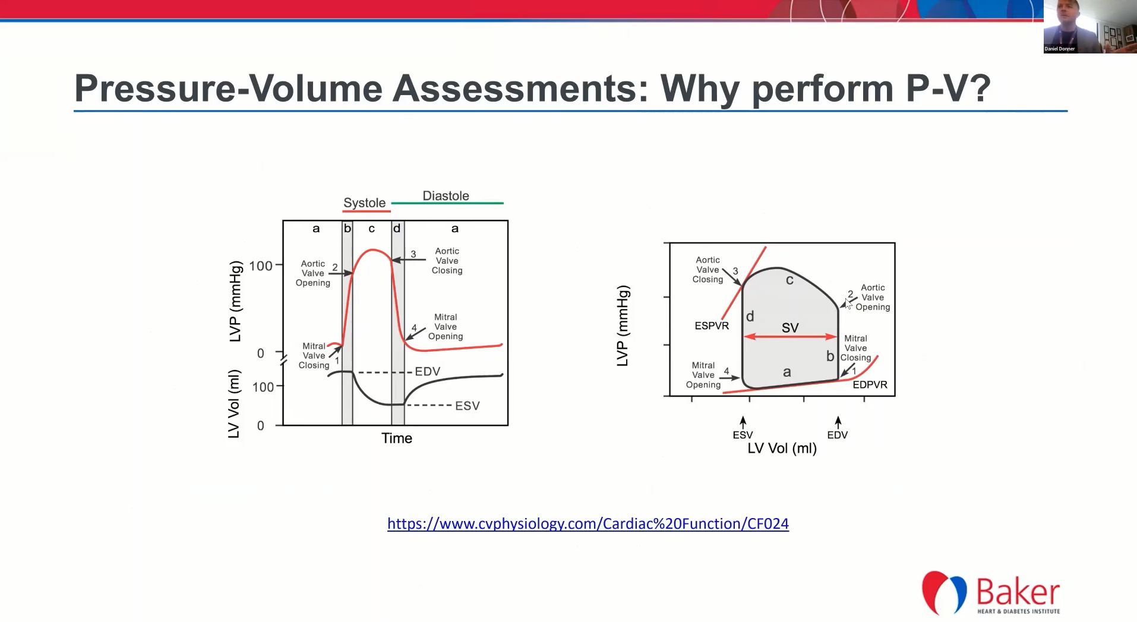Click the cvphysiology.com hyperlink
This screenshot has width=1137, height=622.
click(x=588, y=523)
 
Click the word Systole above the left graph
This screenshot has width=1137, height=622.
click(x=365, y=203)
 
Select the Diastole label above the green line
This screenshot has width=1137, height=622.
click(x=446, y=195)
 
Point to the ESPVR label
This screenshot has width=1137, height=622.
click(x=712, y=326)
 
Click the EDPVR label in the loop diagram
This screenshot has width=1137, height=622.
click(x=870, y=384)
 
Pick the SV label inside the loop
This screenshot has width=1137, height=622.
click(x=790, y=327)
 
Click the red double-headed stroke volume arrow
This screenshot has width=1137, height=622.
click(x=790, y=337)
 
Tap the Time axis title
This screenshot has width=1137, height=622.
click(x=397, y=438)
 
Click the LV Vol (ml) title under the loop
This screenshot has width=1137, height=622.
click(x=782, y=449)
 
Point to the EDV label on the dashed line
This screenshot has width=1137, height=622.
click(x=428, y=371)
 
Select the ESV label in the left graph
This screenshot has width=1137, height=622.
click(x=468, y=406)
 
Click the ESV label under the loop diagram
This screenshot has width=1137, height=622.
click(x=743, y=435)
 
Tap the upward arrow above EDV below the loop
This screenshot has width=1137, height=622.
click(x=838, y=422)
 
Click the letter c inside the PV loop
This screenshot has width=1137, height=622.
click(x=789, y=280)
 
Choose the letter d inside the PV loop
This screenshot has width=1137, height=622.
click(x=750, y=317)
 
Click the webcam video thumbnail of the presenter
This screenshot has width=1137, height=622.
click(x=1090, y=27)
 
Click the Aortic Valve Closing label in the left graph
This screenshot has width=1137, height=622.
click(x=447, y=261)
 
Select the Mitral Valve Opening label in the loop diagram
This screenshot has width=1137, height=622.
click(x=703, y=375)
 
